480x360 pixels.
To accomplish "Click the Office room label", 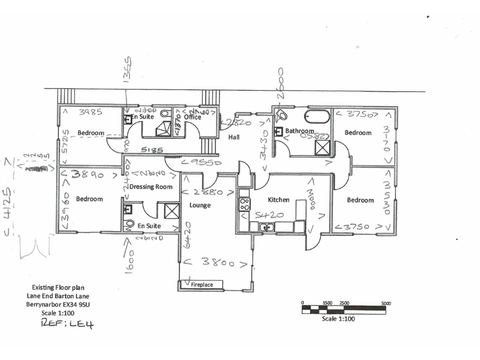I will tap(192, 116).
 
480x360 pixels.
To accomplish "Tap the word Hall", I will tap(234, 137).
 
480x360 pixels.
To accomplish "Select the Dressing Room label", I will tap(151, 186).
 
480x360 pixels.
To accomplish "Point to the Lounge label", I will tap(200, 205).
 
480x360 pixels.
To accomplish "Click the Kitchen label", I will tap(279, 200).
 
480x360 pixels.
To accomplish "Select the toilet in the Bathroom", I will tap(282, 114).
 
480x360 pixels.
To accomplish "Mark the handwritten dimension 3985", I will tap(92, 113).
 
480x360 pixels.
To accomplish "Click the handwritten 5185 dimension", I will tap(152, 151).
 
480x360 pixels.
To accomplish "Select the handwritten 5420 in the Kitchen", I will tap(270, 216).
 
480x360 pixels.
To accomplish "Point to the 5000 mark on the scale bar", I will tap(386, 303).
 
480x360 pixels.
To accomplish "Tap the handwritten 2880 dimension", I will tap(208, 192).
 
